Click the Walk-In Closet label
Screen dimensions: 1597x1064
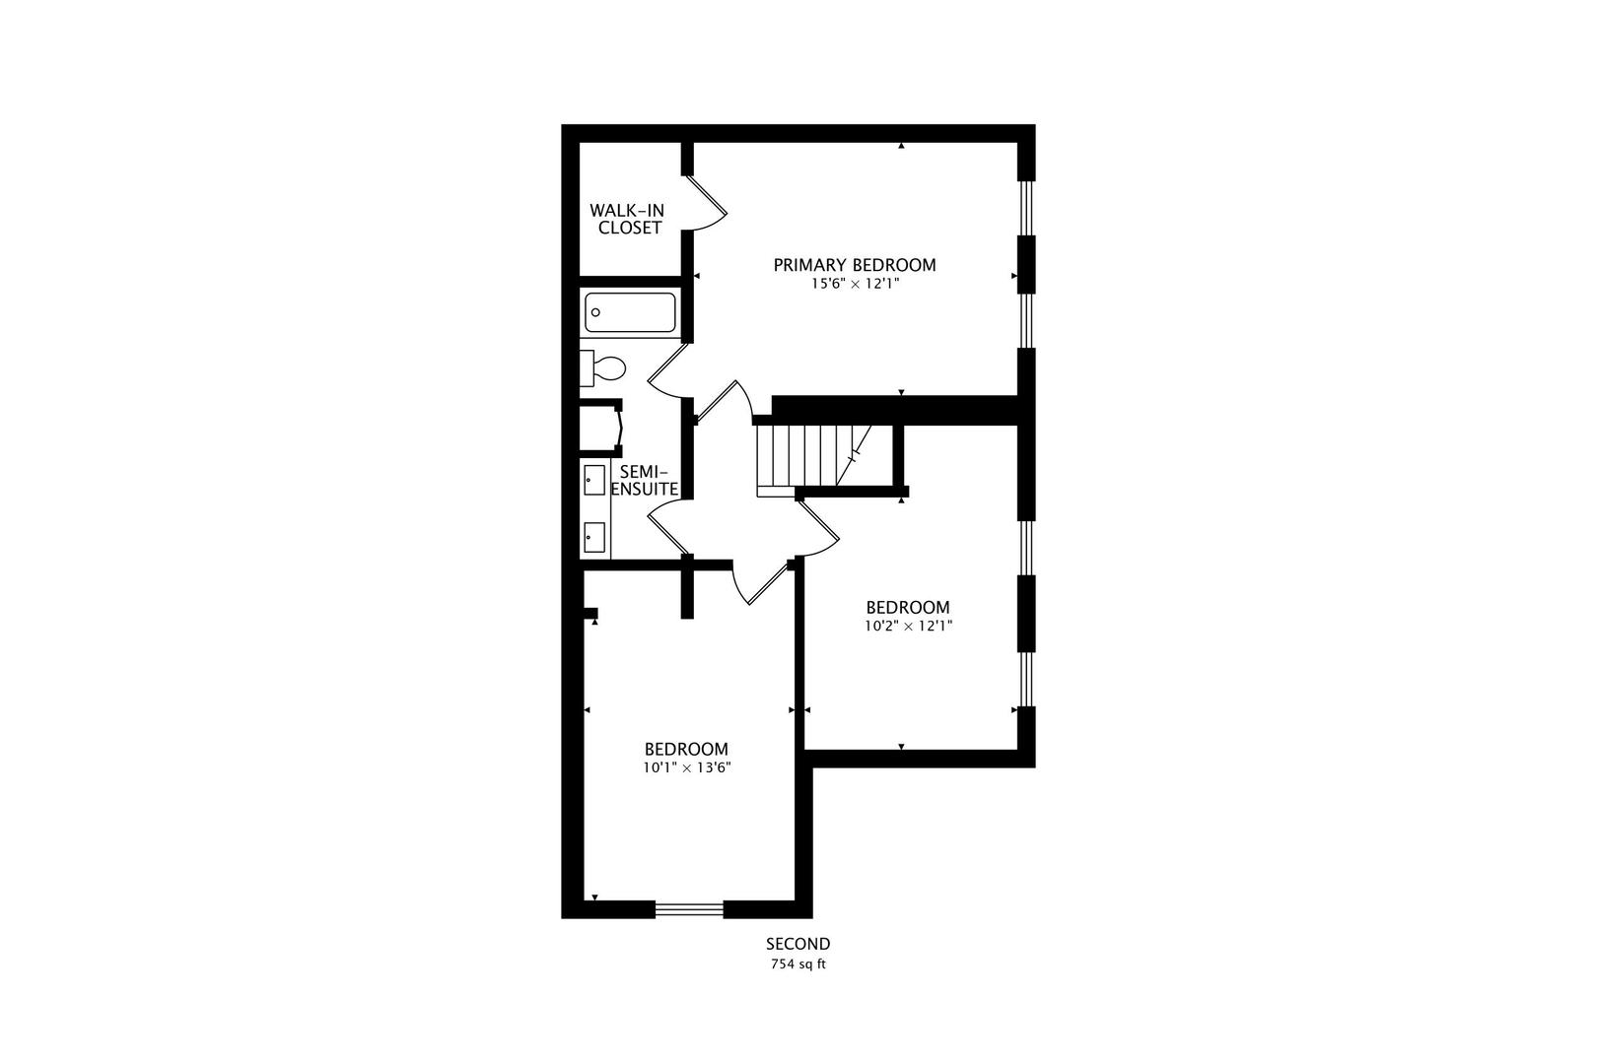627,220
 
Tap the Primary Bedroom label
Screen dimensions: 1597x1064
855,265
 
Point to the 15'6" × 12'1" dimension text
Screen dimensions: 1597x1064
855,284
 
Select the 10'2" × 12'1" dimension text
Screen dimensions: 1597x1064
908,627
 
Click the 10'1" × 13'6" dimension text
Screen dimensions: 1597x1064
686,768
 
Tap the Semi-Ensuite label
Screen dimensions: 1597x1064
645,481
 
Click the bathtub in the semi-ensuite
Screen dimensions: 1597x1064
630,312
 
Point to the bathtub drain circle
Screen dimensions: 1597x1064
596,312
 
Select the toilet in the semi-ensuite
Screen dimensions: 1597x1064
602,368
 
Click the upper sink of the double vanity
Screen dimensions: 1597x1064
594,480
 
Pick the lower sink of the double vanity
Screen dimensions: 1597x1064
594,537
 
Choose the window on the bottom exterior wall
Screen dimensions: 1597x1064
689,909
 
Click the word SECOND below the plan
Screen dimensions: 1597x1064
798,944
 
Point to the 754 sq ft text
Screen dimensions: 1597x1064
798,964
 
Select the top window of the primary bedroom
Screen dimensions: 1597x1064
1026,208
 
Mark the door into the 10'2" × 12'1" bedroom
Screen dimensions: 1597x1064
817,527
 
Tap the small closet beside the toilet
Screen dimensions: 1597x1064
599,428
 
